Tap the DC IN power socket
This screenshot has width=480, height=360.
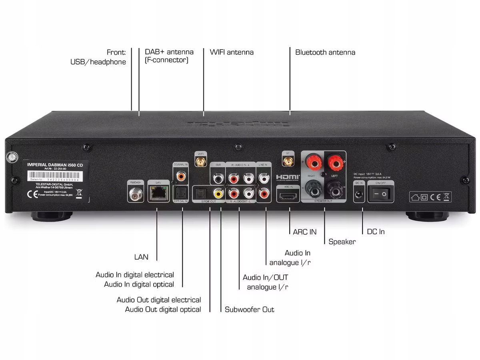pos(359,194)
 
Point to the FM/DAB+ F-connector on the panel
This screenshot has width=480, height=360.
pos(134,194)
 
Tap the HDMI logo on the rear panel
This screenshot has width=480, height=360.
pos(288,177)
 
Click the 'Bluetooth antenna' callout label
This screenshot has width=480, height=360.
pos(325,52)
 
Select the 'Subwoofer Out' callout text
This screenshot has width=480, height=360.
pos(249,309)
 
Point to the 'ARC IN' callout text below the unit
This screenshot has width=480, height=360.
pos(304,232)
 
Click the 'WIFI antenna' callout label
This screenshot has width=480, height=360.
pos(232,52)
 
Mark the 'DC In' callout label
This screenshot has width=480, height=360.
pos(376,232)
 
